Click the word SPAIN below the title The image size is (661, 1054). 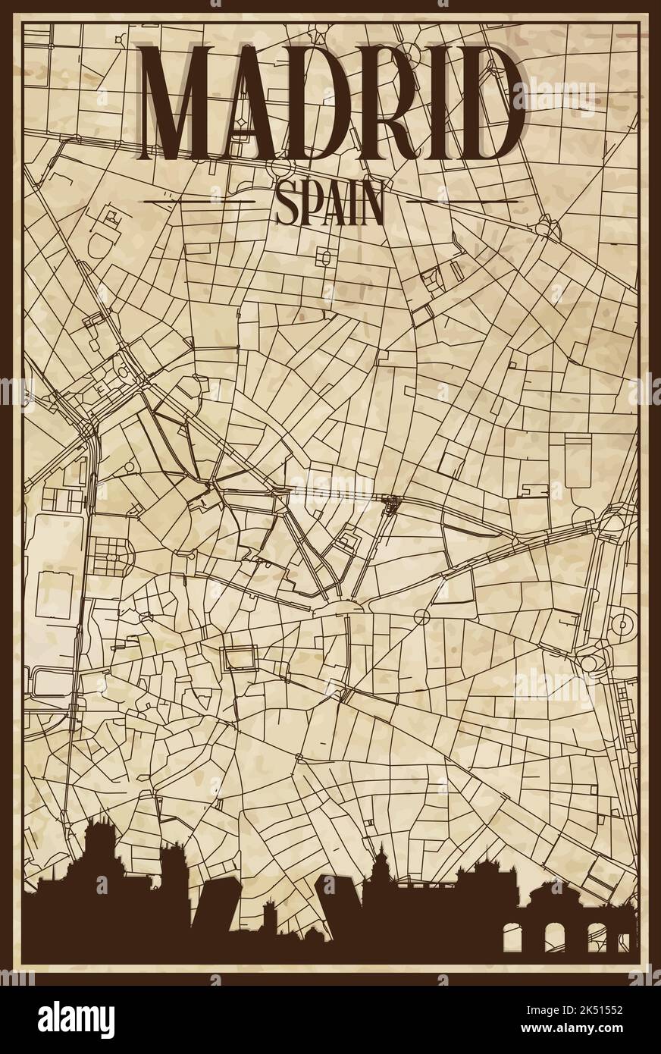[330, 205]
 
